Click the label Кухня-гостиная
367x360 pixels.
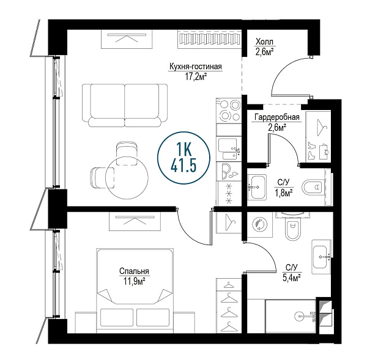point(196,67)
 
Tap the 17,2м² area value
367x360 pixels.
point(196,76)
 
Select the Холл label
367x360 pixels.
point(264,42)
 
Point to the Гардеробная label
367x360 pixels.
point(277,117)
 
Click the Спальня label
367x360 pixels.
point(134,271)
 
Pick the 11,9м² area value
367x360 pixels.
point(134,281)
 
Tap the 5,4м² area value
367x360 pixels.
point(292,278)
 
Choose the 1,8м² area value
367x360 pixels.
point(284,193)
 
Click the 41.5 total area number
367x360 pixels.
point(183,166)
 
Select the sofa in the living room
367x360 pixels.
point(125,106)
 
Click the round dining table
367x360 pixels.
point(127,178)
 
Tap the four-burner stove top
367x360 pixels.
point(229,110)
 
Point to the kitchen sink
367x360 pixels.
point(229,149)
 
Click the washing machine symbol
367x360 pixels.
point(259,225)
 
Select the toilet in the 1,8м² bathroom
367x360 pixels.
point(314,188)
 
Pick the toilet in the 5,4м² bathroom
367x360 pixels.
point(292,227)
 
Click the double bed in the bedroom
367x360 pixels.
point(135,291)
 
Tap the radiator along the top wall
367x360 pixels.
point(210,39)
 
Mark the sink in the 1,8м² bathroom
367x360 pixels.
point(257,187)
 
